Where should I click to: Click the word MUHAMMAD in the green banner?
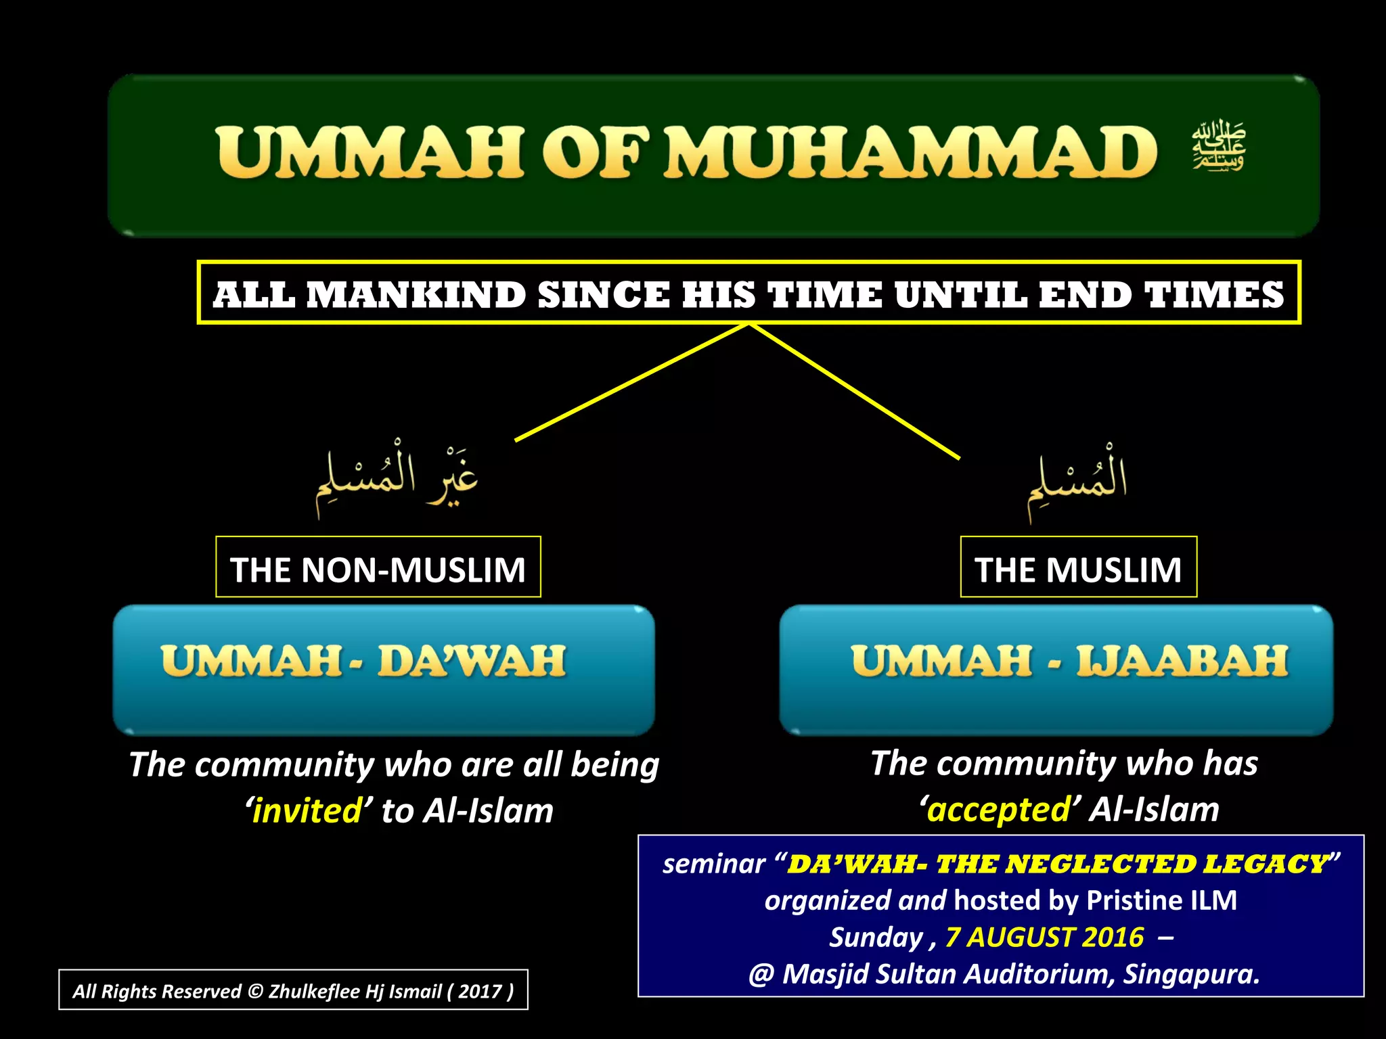[x=910, y=153]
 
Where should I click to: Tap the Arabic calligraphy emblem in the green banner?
[x=1219, y=146]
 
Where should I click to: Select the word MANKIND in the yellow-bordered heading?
[x=416, y=296]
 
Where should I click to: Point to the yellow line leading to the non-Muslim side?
[x=629, y=384]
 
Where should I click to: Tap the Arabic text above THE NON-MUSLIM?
[x=397, y=477]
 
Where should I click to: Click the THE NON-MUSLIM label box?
[x=378, y=568]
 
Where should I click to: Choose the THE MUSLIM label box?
[x=1078, y=568]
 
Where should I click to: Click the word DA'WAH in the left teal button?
[x=472, y=661]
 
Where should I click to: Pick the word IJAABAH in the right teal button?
[x=1182, y=661]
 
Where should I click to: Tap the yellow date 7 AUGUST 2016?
[x=1044, y=938]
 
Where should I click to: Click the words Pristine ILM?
[x=1161, y=900]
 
